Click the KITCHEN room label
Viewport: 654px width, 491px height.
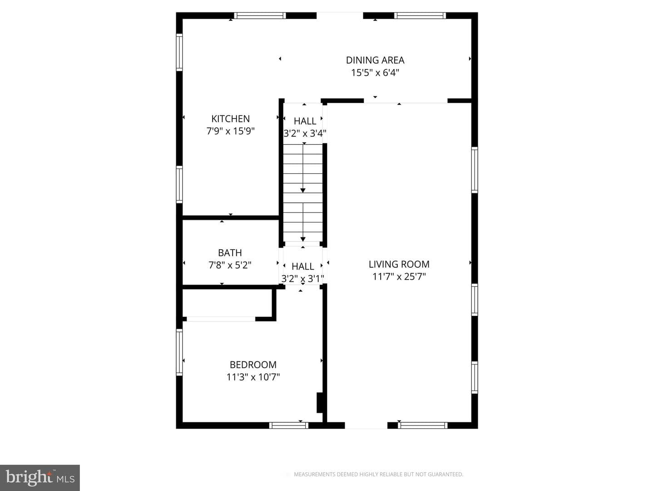pyautogui.click(x=230, y=119)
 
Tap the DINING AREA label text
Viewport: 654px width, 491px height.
pyautogui.click(x=375, y=60)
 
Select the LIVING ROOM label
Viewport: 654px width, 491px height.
pyautogui.click(x=399, y=264)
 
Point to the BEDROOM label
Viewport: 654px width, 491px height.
pyautogui.click(x=253, y=365)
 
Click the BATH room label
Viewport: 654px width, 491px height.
pyautogui.click(x=230, y=253)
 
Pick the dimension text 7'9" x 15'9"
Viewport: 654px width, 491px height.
pyautogui.click(x=230, y=131)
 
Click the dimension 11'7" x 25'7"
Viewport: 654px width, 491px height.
pyautogui.click(x=399, y=277)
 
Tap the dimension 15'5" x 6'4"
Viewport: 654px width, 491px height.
pyautogui.click(x=375, y=72)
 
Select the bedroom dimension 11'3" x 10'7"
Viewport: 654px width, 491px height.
pyautogui.click(x=253, y=377)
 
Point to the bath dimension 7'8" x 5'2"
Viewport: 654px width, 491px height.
pyautogui.click(x=230, y=265)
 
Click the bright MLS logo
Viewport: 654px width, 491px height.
pyautogui.click(x=40, y=477)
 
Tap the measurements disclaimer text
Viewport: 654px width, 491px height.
pyautogui.click(x=378, y=474)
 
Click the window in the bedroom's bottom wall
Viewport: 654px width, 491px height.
pyautogui.click(x=289, y=426)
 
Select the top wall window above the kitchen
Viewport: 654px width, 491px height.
pyautogui.click(x=259, y=15)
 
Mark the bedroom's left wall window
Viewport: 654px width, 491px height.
pyautogui.click(x=179, y=352)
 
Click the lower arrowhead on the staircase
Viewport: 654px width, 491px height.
pyautogui.click(x=303, y=239)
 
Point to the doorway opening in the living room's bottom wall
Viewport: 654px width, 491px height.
pyautogui.click(x=366, y=426)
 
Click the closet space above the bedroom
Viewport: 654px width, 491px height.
pyautogui.click(x=227, y=303)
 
